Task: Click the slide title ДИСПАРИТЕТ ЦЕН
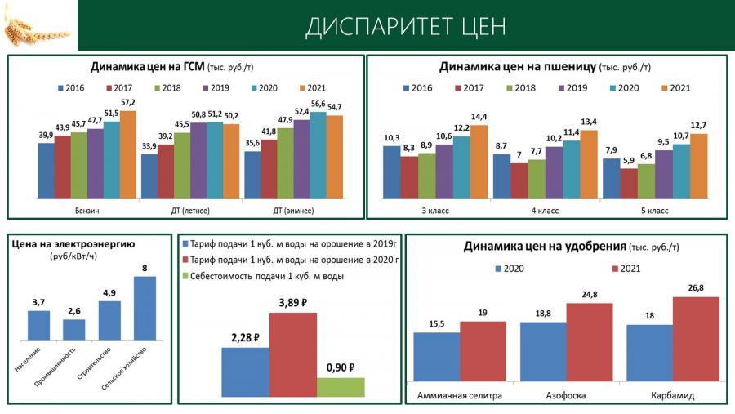406,26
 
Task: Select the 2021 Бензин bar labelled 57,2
128,155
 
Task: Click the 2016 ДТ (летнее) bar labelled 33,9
149,176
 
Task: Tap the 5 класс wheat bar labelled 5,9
628,184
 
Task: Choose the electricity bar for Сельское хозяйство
145,308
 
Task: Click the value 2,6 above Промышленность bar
74,310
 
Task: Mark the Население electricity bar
38,325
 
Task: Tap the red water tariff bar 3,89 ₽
292,354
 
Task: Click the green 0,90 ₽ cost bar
341,387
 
